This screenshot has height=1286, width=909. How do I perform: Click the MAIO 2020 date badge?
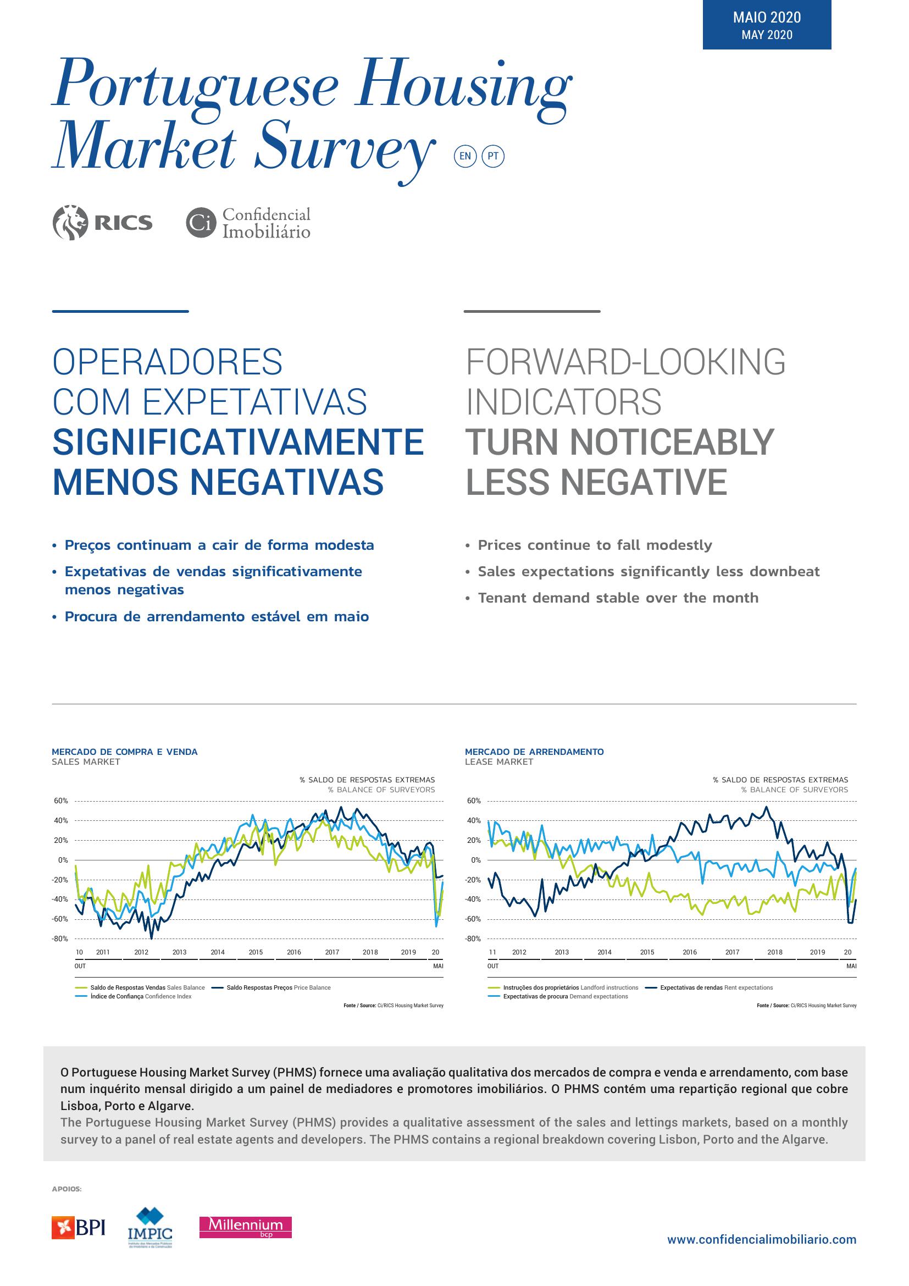click(767, 25)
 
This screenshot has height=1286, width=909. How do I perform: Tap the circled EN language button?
click(465, 156)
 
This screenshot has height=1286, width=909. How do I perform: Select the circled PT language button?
click(493, 156)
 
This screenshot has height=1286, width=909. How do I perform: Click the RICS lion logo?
click(70, 222)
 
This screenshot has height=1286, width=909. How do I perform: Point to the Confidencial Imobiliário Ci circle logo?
click(201, 223)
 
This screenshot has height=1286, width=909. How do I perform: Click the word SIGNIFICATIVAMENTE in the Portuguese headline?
click(239, 442)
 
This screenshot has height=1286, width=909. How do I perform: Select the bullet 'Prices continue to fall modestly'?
click(589, 545)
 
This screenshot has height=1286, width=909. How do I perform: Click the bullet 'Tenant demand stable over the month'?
click(612, 598)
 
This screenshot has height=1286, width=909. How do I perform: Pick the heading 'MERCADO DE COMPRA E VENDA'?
click(125, 752)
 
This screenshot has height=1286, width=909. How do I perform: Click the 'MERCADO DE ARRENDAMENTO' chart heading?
click(535, 752)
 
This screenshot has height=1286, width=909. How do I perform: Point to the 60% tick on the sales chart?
click(61, 801)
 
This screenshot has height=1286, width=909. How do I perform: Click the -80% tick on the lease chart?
click(474, 939)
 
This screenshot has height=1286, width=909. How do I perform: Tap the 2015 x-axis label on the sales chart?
click(256, 952)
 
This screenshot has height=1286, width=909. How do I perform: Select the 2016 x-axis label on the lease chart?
click(690, 952)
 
